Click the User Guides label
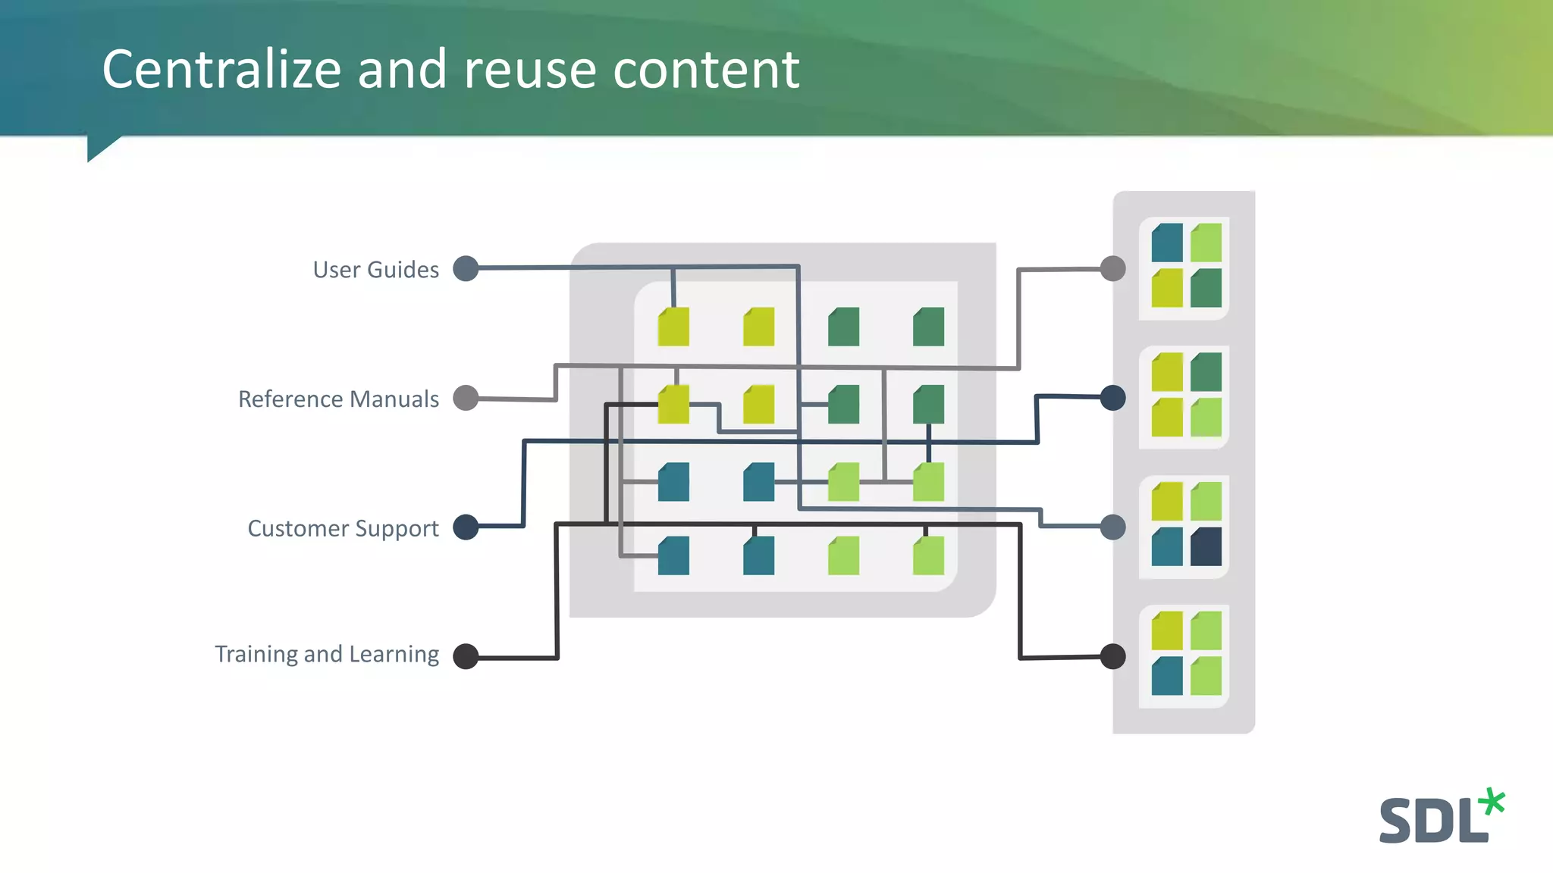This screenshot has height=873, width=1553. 375,270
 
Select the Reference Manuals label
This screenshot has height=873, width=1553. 338,399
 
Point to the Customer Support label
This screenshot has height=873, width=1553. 343,528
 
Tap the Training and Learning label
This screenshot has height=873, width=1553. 327,654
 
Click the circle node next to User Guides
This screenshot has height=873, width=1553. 466,268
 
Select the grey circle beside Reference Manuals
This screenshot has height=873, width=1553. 466,398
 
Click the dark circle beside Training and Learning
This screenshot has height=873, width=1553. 466,656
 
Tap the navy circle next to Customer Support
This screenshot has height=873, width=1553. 466,527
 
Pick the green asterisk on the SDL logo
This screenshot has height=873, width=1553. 1492,802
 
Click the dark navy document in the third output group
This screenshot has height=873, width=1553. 1206,547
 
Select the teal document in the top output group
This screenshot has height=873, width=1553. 1167,242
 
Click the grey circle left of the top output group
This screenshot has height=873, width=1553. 1112,268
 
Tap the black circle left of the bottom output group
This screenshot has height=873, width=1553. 1112,656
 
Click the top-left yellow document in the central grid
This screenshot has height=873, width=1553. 673,327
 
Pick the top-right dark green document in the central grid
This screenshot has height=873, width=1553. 928,327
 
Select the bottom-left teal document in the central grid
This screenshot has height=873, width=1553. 673,556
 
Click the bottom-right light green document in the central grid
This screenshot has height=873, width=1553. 928,556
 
